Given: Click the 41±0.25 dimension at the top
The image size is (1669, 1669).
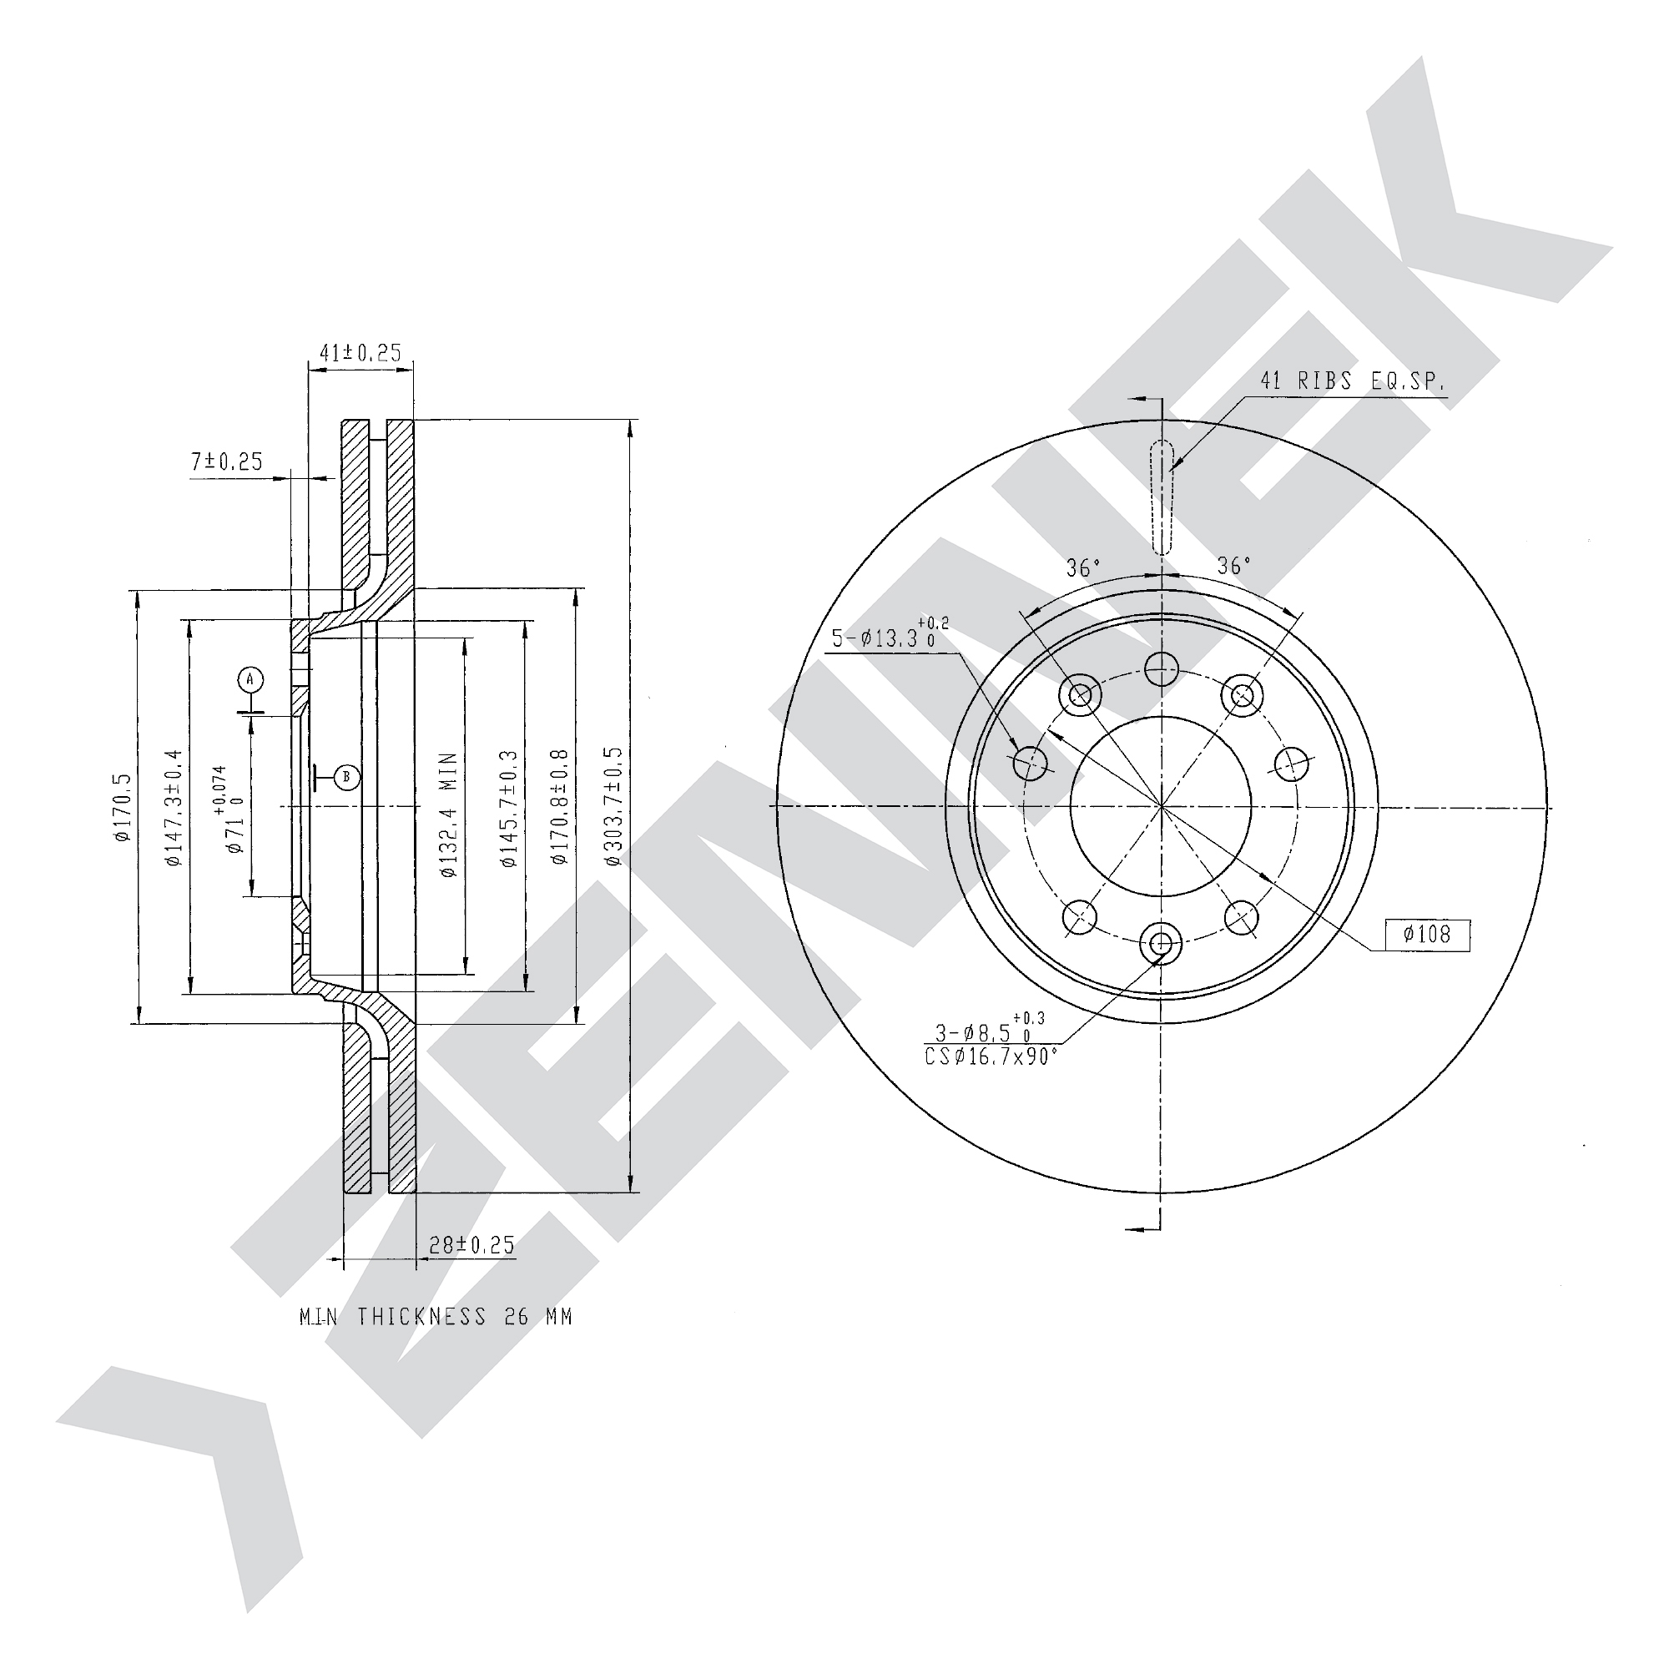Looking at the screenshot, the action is click(361, 352).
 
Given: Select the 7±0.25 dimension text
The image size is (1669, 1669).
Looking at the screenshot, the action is click(226, 462).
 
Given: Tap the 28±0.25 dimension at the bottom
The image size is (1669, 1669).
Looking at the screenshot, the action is click(471, 1245).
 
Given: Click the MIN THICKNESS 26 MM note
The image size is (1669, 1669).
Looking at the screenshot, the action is click(436, 1317).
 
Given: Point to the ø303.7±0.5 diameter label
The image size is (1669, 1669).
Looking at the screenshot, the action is click(613, 807).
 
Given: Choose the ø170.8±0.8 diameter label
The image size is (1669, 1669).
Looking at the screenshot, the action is click(560, 807).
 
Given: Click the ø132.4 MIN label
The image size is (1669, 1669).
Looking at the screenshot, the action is click(447, 815).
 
